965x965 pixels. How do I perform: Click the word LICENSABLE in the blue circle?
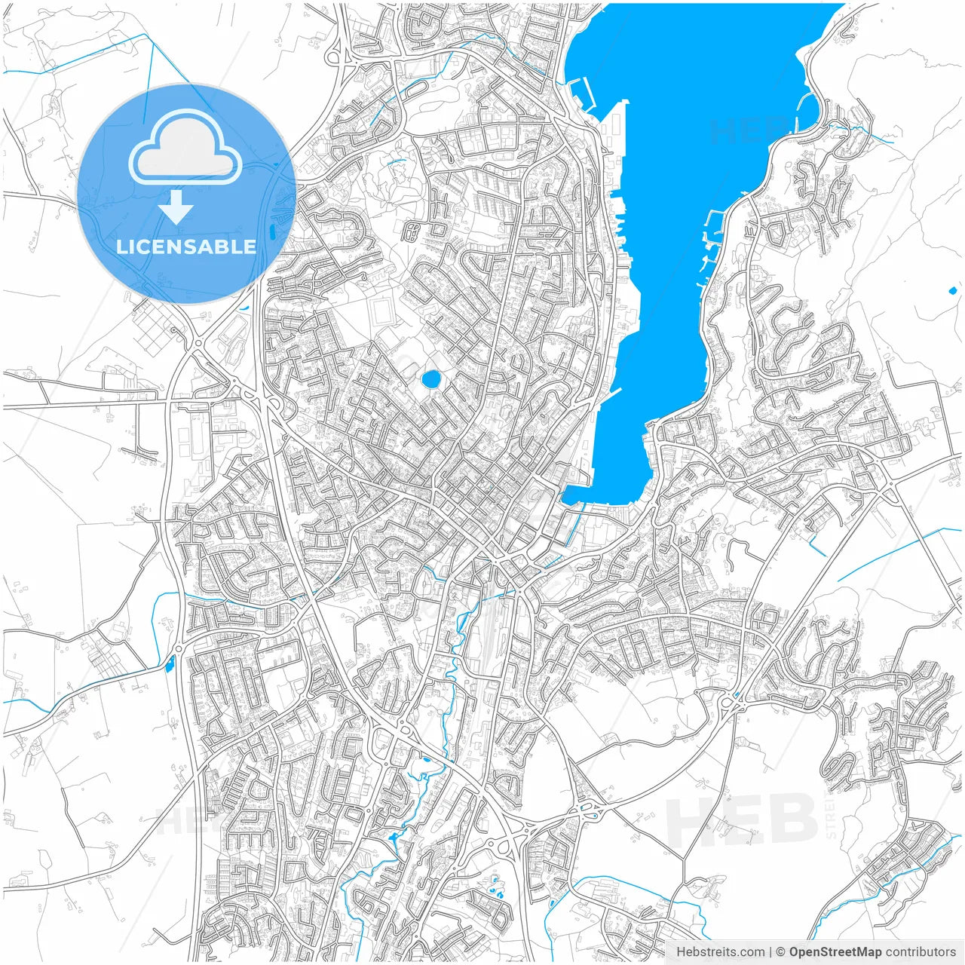click(186, 247)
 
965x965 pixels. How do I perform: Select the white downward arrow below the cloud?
click(176, 207)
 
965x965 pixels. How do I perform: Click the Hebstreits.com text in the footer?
click(720, 952)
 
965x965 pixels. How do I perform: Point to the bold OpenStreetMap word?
click(835, 952)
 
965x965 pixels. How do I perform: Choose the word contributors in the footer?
click(921, 952)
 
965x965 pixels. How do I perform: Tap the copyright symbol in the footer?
click(780, 952)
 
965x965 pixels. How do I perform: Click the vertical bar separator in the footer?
click(770, 952)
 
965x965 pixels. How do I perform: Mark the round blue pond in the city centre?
click(431, 379)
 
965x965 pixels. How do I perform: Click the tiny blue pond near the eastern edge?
click(952, 290)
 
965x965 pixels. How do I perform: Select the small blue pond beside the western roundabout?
click(169, 664)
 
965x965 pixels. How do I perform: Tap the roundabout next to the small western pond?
click(179, 648)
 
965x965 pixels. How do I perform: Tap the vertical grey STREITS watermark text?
click(832, 814)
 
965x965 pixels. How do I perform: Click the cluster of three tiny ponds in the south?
click(496, 887)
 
